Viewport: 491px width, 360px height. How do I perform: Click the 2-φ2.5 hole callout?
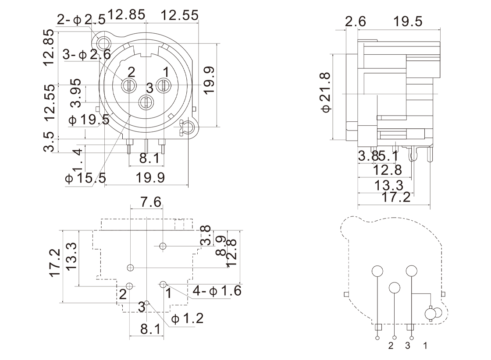point(81,19)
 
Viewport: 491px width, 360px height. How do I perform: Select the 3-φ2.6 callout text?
point(87,55)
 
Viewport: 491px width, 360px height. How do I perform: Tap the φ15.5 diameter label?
point(85,178)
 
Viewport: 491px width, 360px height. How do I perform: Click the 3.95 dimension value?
point(76,93)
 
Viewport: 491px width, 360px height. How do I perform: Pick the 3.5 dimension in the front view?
point(51,141)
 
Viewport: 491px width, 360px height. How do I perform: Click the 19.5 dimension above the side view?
point(408,21)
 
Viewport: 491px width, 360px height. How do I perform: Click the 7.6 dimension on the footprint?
point(150,202)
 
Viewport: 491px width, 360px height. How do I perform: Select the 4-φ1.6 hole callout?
point(217,291)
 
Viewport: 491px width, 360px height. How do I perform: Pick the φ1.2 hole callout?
point(188,318)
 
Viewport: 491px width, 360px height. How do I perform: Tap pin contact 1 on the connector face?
point(164,85)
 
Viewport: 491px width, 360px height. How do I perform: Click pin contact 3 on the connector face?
point(145,102)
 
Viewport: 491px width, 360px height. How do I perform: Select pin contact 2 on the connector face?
point(129,85)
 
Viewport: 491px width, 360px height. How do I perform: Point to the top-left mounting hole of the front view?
point(104,43)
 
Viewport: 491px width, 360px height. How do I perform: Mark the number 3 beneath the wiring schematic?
point(407,346)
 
